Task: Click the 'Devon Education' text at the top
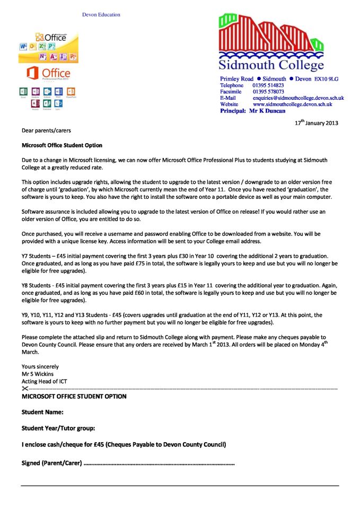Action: click(101, 15)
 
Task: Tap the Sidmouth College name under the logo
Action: click(271, 65)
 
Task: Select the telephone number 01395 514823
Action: click(268, 85)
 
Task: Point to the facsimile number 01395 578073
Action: click(268, 92)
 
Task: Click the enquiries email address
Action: click(298, 98)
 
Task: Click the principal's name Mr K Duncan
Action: click(267, 111)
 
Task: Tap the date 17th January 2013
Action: click(316, 123)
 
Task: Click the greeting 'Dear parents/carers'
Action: click(46, 130)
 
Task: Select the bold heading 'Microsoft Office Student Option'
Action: click(62, 145)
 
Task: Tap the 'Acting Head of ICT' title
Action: click(44, 381)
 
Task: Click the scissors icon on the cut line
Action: click(25, 389)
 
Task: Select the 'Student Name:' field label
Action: click(42, 412)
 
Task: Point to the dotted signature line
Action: click(159, 463)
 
